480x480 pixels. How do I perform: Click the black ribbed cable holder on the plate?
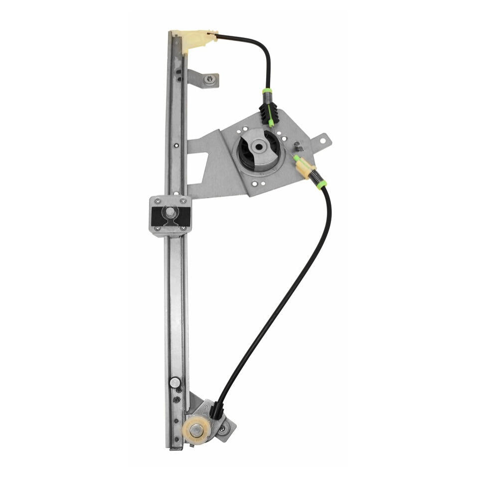point(265,114)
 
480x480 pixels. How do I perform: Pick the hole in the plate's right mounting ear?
point(322,141)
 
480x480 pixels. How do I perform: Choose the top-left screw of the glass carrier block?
point(158,201)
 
